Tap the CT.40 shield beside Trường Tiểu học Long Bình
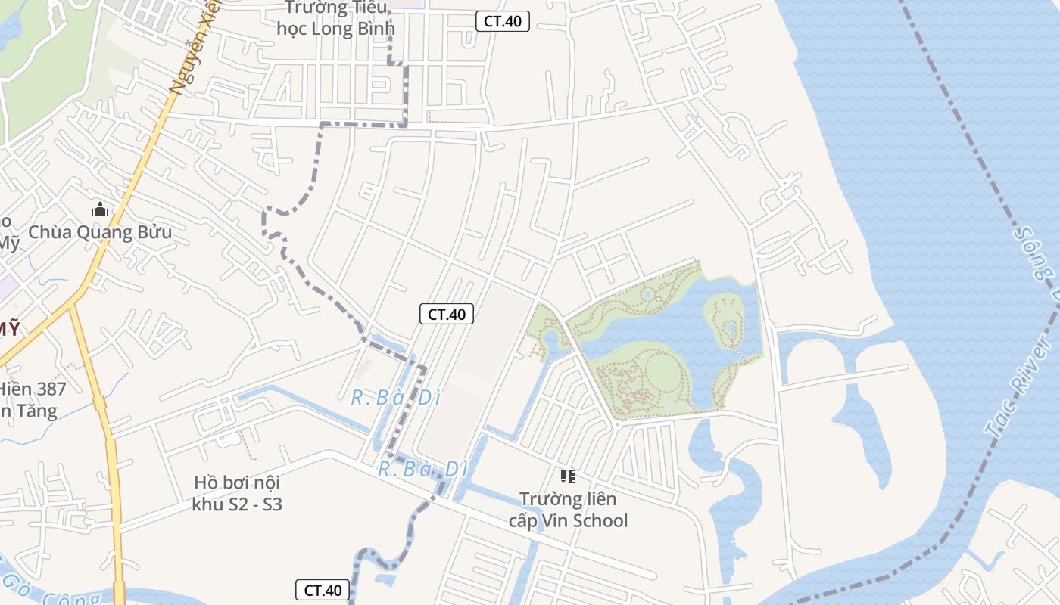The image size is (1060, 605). [x=503, y=21]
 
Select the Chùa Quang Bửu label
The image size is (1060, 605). [x=100, y=232]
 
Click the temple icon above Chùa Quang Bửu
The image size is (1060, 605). [x=100, y=210]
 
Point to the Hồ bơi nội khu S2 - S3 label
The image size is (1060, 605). [x=238, y=493]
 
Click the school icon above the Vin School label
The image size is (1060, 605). [x=568, y=476]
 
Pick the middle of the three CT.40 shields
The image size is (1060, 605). [x=447, y=314]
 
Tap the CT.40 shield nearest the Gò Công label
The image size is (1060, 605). [x=323, y=591]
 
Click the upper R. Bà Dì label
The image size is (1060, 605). [x=395, y=398]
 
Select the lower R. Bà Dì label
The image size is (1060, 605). [x=422, y=469]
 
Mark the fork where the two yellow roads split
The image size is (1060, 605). [x=73, y=301]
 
